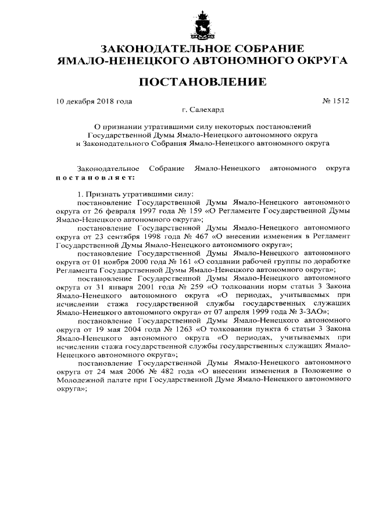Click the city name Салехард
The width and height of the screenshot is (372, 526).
[207, 109]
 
